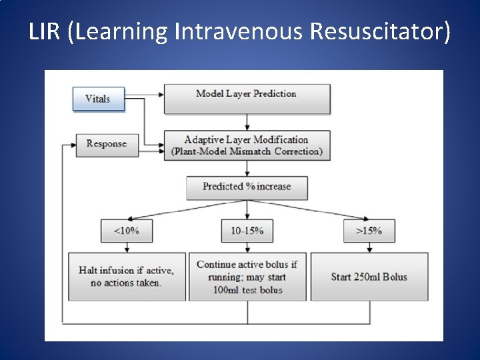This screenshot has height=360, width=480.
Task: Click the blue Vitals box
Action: pos(97,99)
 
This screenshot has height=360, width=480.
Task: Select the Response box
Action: pos(106,143)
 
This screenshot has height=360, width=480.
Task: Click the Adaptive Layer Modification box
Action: pos(247,145)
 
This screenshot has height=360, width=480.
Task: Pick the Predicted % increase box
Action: pos(247,187)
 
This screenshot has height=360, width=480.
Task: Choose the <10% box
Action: pos(127,231)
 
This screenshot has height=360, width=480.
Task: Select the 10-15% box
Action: pos(247,231)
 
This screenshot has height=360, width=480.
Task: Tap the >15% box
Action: pos(368,231)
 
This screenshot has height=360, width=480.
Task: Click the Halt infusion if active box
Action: pos(127,276)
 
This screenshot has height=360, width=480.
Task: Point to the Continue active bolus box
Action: pos(247,276)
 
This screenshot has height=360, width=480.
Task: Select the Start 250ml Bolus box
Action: pos(369,276)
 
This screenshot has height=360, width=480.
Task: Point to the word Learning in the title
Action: pos(123,31)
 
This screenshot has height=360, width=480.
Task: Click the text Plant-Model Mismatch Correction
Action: pos(247,151)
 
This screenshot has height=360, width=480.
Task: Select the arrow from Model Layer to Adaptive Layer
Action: pos(247,122)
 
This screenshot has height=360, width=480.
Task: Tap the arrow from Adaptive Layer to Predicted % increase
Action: pos(247,167)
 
